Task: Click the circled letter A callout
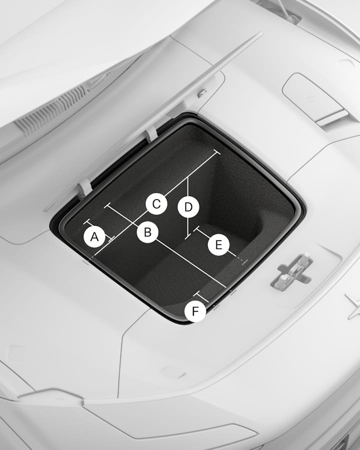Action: pos(94,237)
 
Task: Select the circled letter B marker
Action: pos(147,232)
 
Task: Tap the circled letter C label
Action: pos(156,204)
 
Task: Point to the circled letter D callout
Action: pos(188,207)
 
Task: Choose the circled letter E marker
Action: pos(219,245)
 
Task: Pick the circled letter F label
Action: pos(195,311)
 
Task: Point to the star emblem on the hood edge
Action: pos(353,306)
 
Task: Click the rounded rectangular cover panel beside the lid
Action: pos(315,98)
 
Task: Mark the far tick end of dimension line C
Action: pos(217,152)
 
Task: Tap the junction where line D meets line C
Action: pos(188,177)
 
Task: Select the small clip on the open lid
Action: pos(202,92)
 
